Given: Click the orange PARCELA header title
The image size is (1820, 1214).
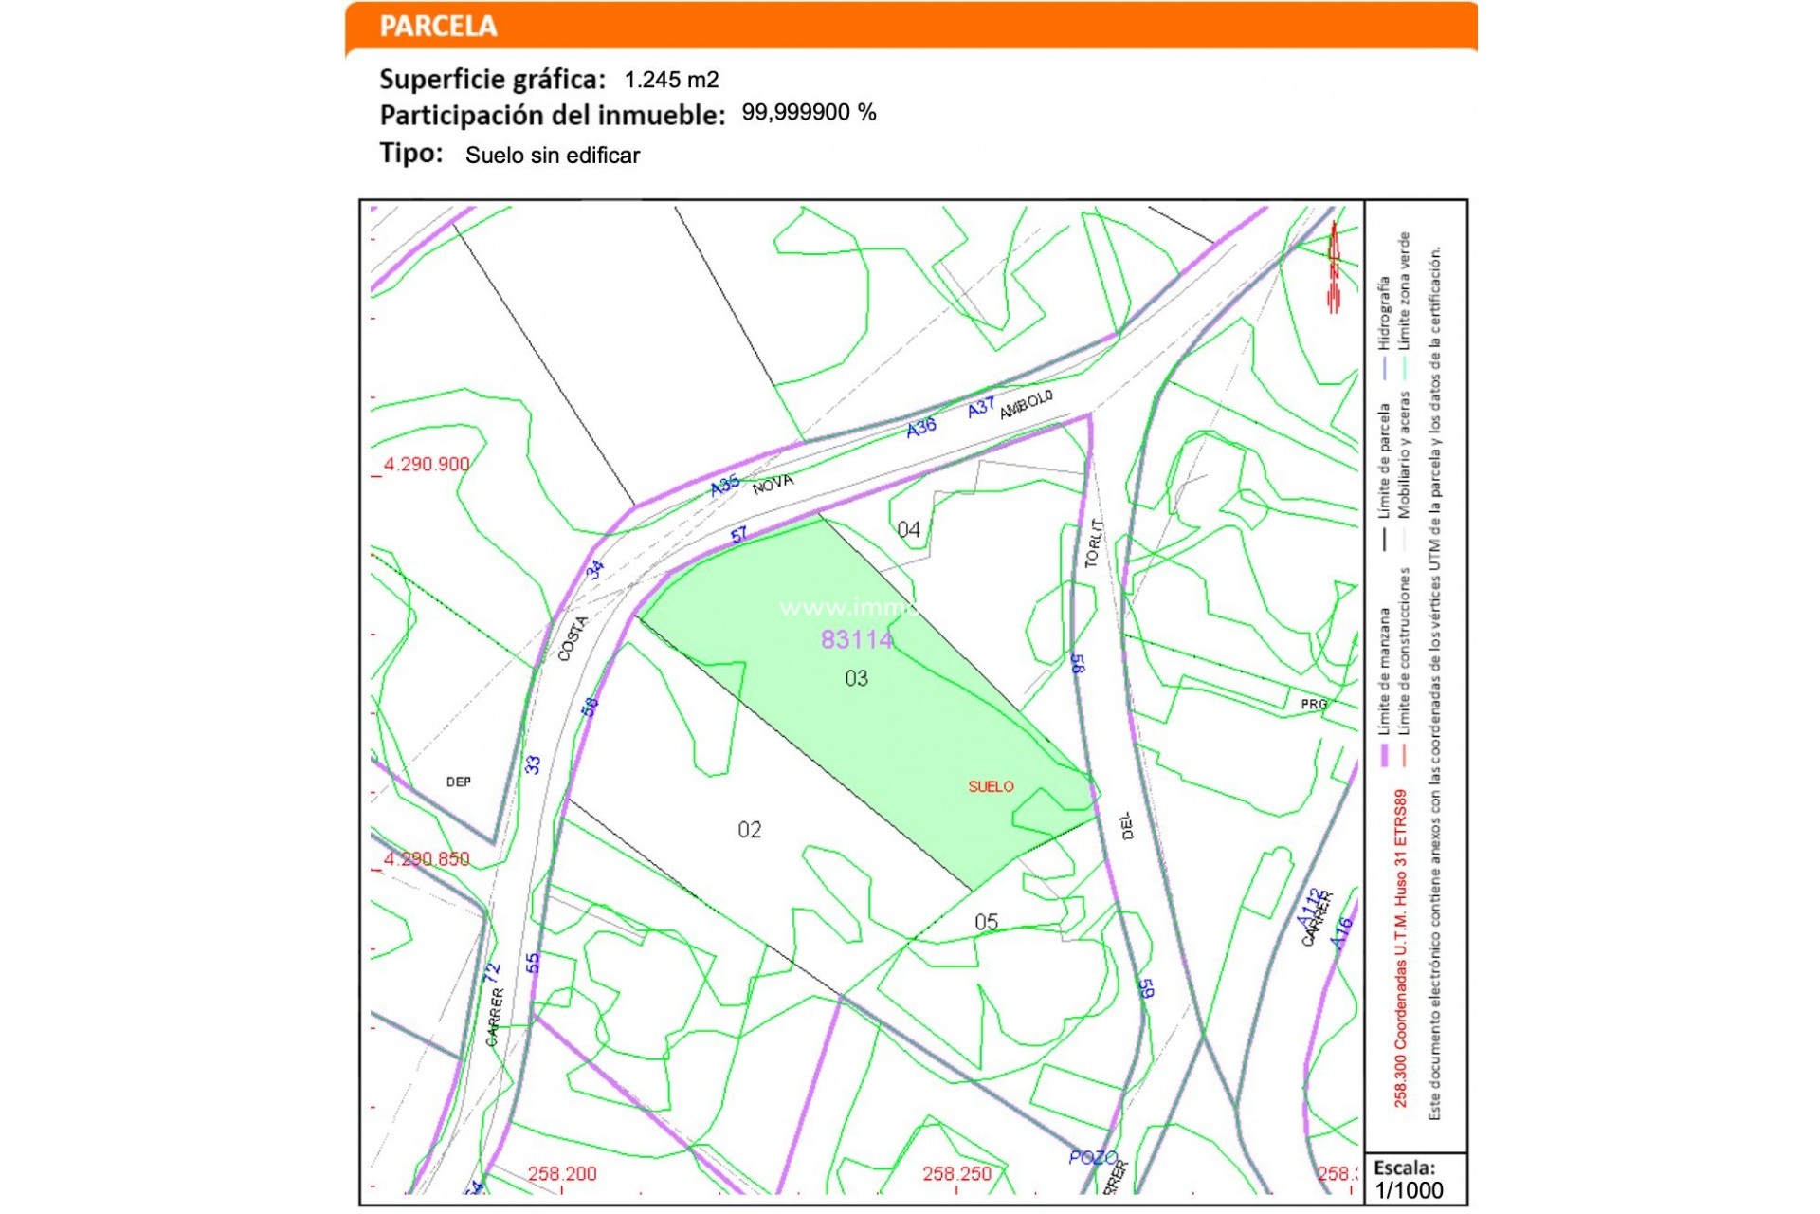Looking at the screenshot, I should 438,27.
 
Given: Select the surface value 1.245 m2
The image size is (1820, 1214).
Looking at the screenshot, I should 671,80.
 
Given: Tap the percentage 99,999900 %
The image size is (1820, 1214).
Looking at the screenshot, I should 809,113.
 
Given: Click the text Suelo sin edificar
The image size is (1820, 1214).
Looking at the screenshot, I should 553,156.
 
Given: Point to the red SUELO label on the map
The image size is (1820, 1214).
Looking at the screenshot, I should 991,786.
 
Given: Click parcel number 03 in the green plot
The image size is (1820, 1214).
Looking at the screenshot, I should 856,678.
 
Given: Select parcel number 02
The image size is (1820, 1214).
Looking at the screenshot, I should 749,830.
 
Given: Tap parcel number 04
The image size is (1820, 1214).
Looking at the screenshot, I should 908,529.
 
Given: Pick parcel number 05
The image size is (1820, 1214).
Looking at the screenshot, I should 986,922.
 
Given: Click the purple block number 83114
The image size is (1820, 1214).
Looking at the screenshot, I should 856,640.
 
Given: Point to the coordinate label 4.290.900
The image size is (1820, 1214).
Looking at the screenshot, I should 427,464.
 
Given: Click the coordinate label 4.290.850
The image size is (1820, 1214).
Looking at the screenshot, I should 427,859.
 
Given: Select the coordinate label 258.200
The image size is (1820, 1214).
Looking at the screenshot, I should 562,1174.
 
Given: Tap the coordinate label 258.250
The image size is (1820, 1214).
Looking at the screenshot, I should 956,1174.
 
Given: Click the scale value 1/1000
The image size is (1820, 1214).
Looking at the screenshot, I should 1409,1191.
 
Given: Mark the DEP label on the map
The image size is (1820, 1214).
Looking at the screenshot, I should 458,782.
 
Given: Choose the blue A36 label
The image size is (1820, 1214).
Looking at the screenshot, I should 920,428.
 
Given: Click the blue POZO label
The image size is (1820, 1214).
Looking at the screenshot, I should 1092,1157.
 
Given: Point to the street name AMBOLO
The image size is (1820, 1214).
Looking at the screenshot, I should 1026,404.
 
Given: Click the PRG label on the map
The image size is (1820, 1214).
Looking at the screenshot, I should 1314,704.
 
